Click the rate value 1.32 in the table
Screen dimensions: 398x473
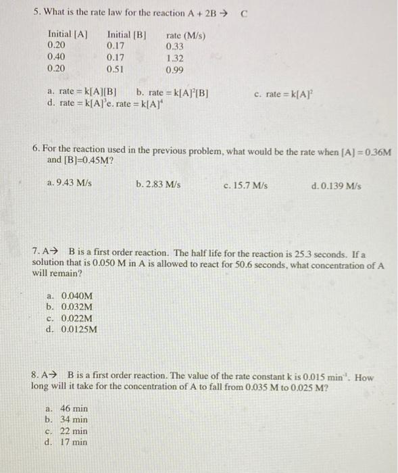click(174, 57)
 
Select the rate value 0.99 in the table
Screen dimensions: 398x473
click(174, 69)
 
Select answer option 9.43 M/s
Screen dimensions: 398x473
click(70, 183)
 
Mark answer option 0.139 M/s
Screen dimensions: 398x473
click(337, 183)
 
